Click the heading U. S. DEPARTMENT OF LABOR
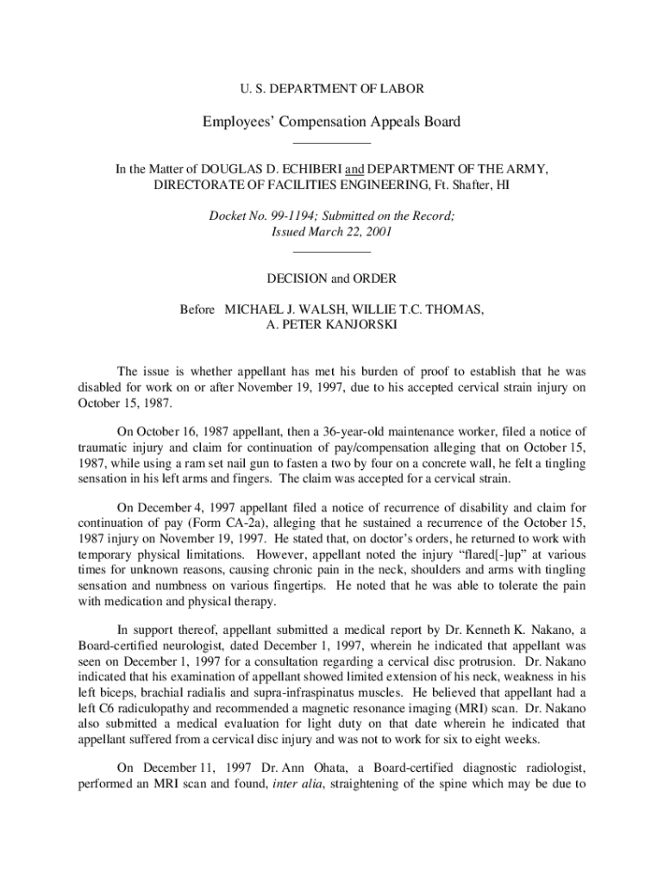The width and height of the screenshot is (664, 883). pos(331,88)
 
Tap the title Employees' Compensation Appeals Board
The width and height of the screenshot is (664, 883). pos(332,122)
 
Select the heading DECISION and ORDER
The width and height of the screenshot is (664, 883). pos(332,279)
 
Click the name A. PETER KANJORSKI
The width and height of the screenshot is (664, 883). pos(332,325)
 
